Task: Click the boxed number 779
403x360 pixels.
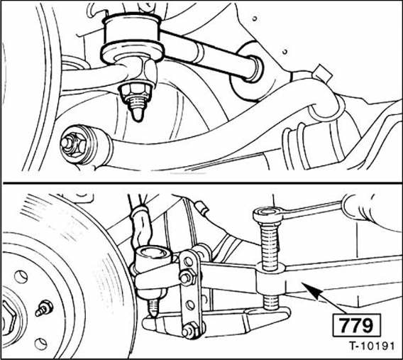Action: coord(356,325)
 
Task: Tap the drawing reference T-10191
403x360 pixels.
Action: coord(371,346)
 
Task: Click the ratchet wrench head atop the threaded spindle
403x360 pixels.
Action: coord(267,215)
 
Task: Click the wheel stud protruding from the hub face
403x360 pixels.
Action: coord(44,308)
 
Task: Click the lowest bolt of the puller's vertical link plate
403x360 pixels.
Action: coord(189,331)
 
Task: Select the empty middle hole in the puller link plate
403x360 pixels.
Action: coord(190,305)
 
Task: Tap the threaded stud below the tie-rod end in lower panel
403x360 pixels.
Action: coord(154,307)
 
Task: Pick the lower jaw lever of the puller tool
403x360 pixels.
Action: coord(216,322)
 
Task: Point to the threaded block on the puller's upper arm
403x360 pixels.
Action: coord(270,278)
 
